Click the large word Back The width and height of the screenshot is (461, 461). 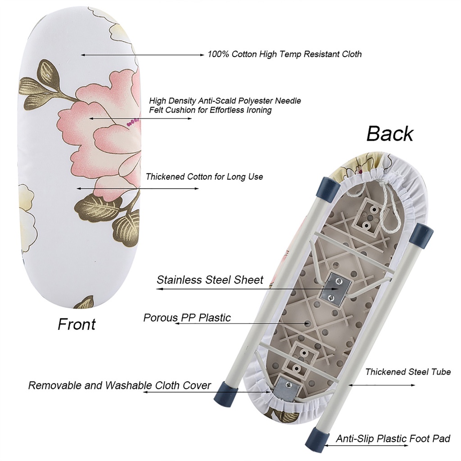(389, 134)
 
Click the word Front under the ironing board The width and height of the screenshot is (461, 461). (77, 324)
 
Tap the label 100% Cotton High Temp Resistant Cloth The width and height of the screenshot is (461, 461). (285, 54)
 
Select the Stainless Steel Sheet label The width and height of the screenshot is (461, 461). (210, 280)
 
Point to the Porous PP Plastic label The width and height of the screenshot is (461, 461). (187, 318)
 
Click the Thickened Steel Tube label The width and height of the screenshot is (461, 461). (408, 372)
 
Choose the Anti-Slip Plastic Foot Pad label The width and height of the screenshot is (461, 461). (393, 438)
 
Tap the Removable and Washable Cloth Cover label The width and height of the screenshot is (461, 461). (119, 386)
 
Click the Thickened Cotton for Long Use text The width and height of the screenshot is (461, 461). (204, 177)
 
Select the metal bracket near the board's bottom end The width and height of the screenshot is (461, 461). (285, 388)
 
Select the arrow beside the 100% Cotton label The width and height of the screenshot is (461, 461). (142, 55)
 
